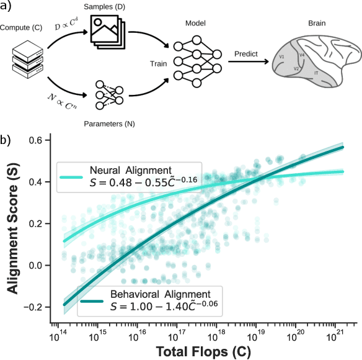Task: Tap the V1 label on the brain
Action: (x=281, y=57)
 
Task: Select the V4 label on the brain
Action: (x=302, y=55)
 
